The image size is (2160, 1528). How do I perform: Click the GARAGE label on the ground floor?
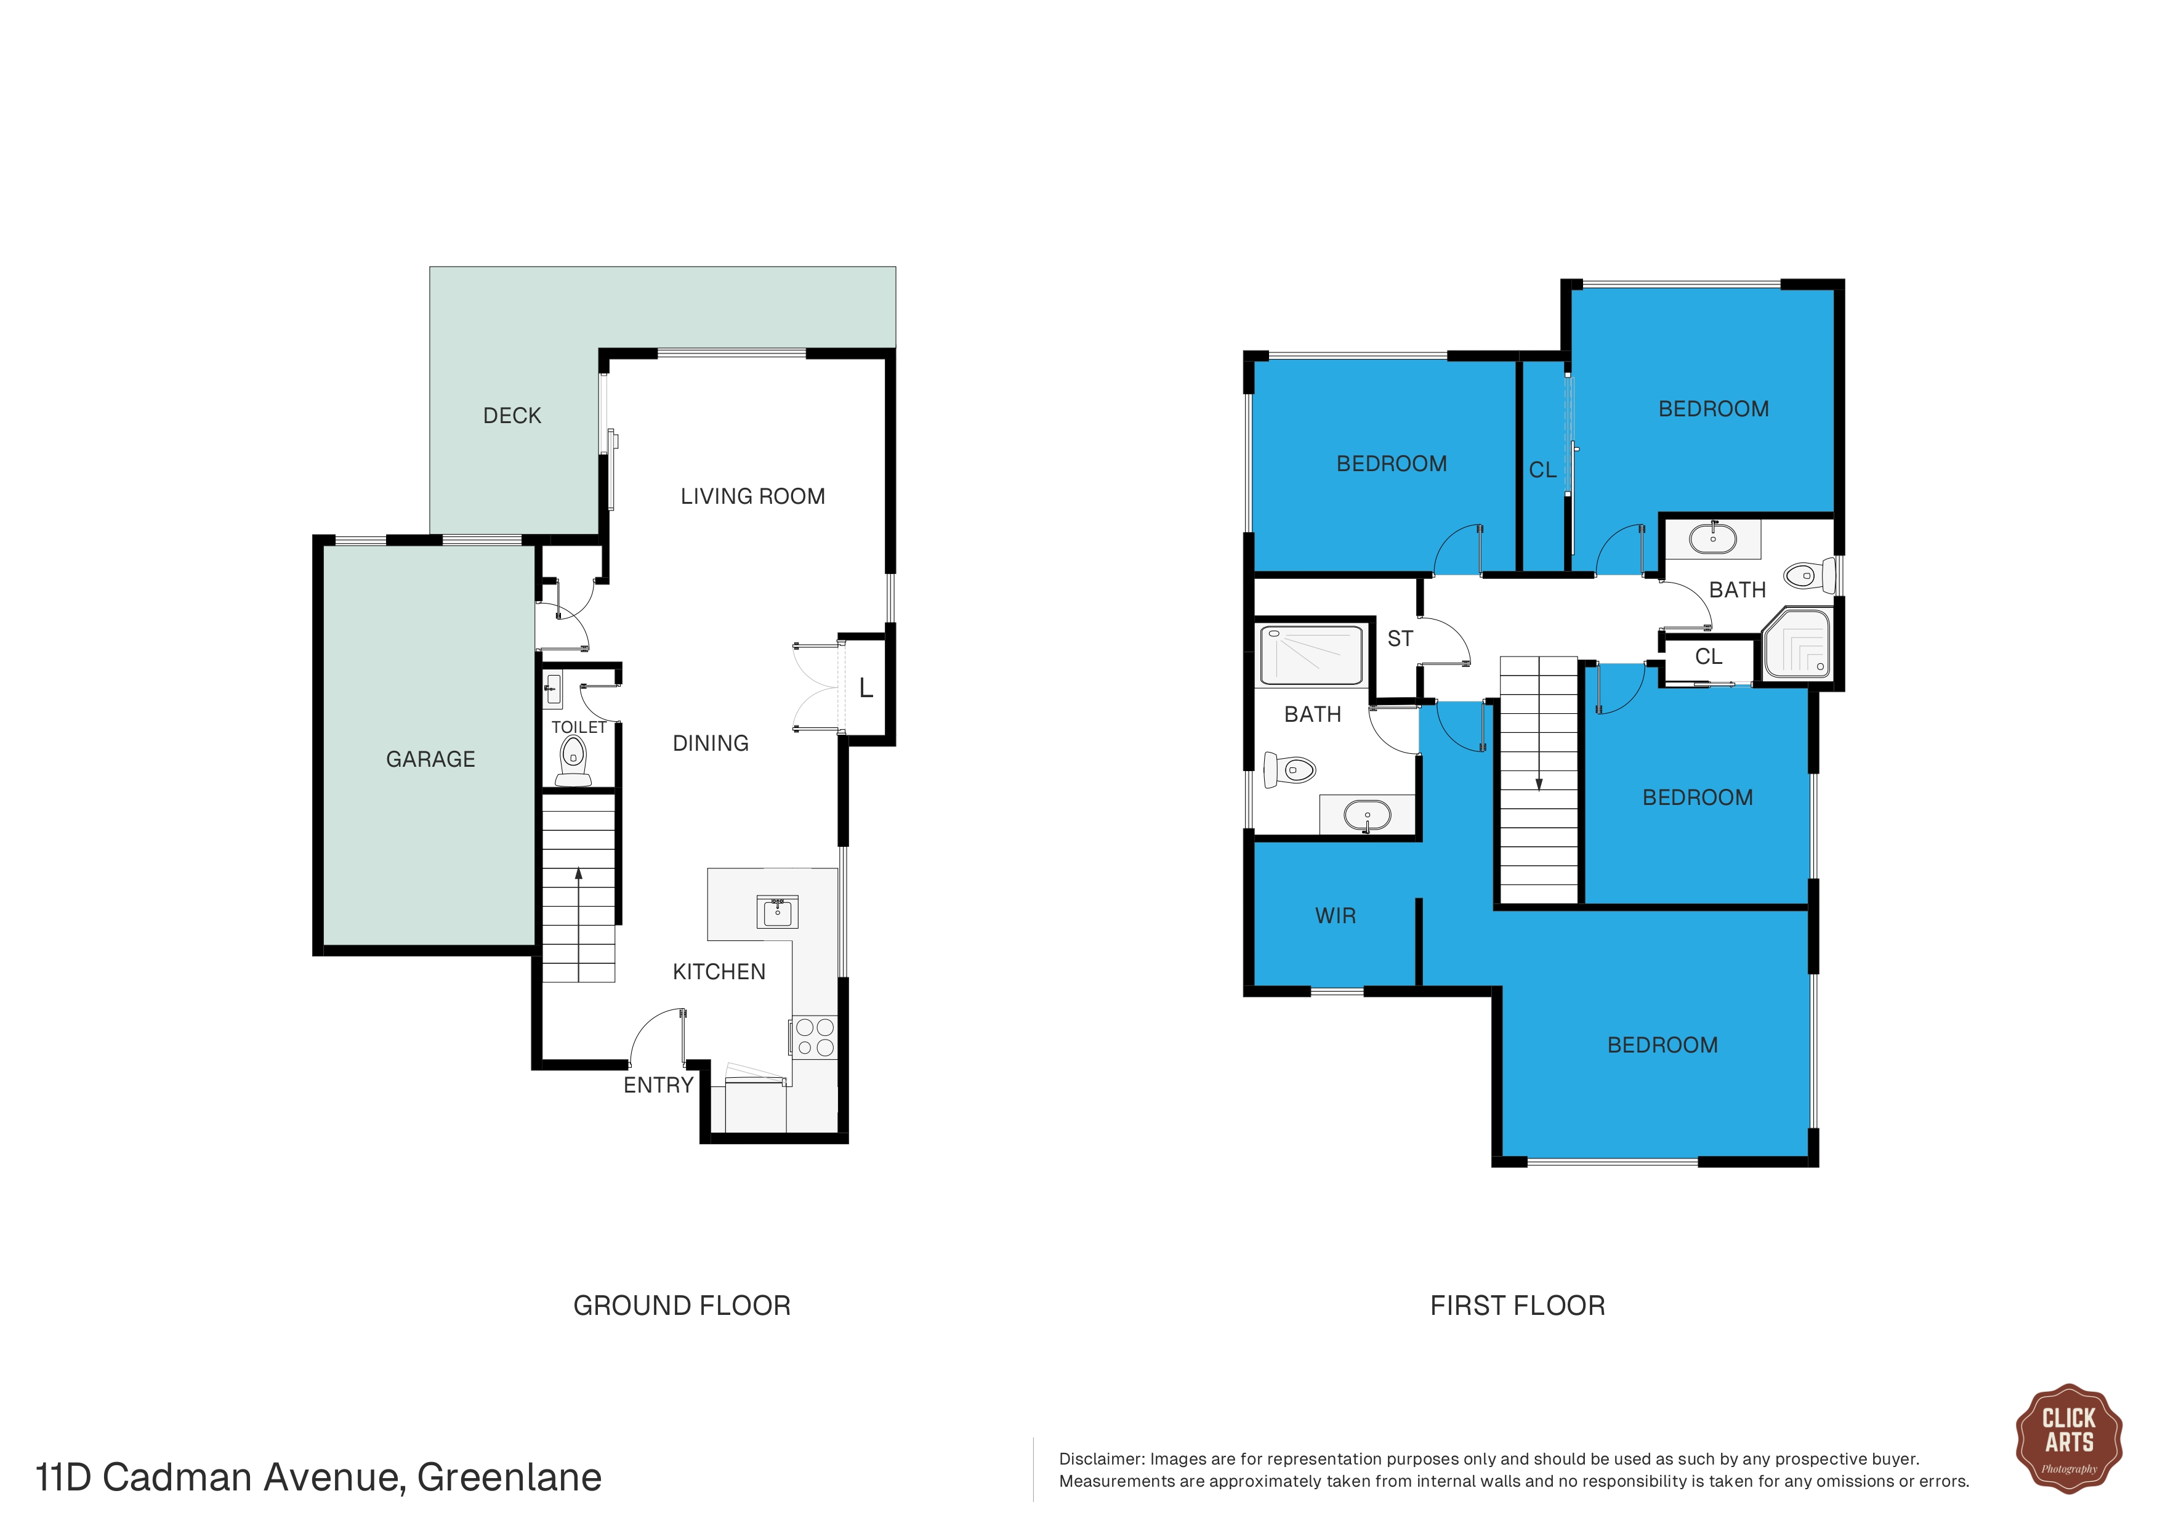[431, 759]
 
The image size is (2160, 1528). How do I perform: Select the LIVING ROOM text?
[752, 497]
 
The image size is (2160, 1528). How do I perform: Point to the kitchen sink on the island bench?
[777, 912]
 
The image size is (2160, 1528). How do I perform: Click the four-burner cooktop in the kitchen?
[815, 1037]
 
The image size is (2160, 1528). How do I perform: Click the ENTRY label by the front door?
[659, 1086]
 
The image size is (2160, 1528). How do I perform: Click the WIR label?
[1336, 916]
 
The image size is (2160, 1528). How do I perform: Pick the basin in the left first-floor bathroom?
[1367, 815]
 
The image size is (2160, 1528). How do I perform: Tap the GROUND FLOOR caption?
[682, 1306]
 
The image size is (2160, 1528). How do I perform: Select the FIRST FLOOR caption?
[1517, 1306]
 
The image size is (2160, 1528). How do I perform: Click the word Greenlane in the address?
[509, 1478]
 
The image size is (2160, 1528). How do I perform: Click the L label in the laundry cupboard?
[866, 689]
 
